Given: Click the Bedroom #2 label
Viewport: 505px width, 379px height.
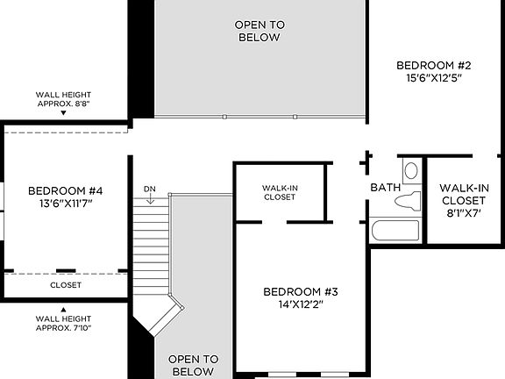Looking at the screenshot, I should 434,65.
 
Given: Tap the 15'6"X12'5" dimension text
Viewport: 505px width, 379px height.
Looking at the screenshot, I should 434,78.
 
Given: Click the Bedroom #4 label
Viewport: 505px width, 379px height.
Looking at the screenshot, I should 66,190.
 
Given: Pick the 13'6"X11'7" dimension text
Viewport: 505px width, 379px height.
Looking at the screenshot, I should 66,204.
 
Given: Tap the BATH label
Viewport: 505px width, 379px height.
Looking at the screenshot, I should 385,188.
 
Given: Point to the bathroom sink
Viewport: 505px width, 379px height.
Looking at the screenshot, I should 410,170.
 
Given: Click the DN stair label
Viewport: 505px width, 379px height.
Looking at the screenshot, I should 149,189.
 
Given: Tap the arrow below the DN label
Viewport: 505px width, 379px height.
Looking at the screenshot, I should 150,200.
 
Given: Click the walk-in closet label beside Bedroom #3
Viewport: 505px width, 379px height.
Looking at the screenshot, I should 280,192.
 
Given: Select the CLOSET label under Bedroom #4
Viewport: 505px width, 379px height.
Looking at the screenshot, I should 66,285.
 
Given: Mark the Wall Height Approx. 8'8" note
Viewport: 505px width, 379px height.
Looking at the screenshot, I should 63,99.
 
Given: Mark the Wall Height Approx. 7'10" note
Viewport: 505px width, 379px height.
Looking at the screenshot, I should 63,322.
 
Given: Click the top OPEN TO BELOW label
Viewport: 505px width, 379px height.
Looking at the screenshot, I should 260,31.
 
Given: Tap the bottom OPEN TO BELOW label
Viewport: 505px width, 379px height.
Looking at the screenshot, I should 193,365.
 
